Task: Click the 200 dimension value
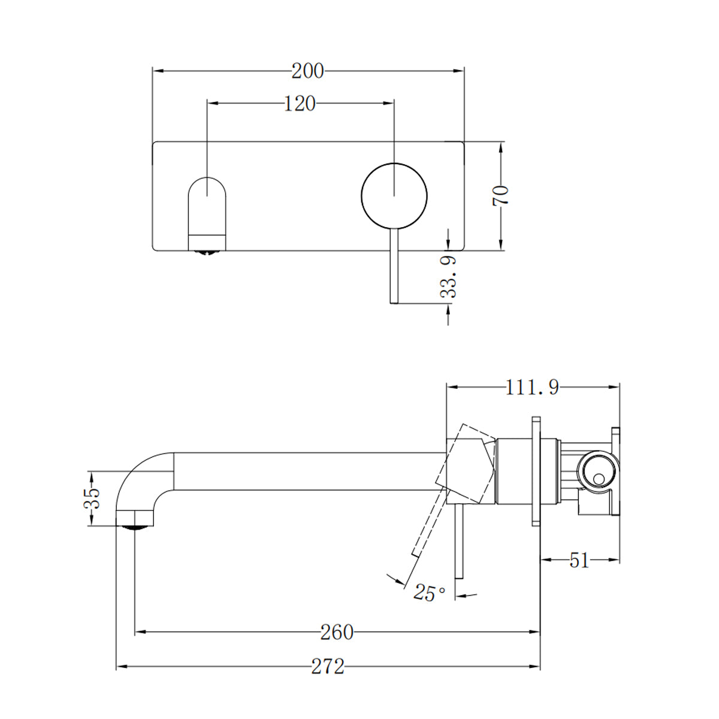[x=308, y=71]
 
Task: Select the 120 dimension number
[x=300, y=104]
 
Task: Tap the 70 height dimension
[x=501, y=196]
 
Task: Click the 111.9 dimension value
[x=532, y=388]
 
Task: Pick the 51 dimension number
[x=579, y=561]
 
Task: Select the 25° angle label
[x=429, y=593]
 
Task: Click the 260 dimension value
[x=337, y=632]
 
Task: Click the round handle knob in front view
[x=394, y=196]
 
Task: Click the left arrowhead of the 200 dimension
[x=158, y=71]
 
